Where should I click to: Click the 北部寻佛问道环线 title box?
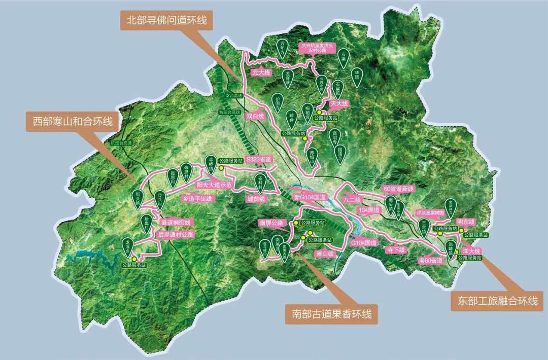(x=166, y=21)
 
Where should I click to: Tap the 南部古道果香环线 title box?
(x=328, y=313)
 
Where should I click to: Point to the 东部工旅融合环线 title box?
(x=494, y=301)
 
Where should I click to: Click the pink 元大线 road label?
(x=262, y=73)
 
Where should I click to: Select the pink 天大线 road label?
(x=339, y=103)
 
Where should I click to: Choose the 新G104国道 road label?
(x=310, y=196)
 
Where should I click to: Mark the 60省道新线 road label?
(x=399, y=189)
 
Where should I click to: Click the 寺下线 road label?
(x=395, y=250)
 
